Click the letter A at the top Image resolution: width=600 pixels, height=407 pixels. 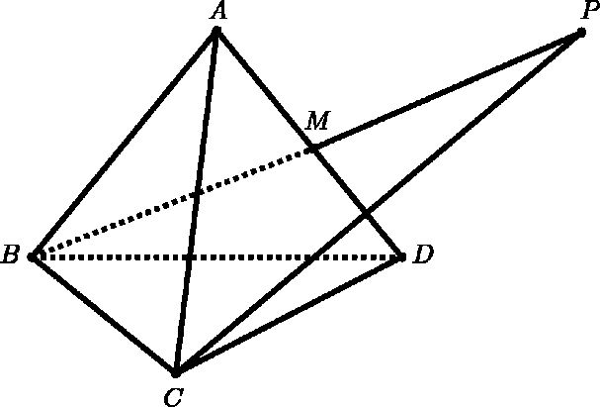218,11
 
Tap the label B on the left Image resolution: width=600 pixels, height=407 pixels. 10,254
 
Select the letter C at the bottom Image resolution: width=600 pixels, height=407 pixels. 174,397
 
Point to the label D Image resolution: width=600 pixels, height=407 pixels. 423,254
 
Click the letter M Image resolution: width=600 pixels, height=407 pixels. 317,121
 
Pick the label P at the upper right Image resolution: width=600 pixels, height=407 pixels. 591,11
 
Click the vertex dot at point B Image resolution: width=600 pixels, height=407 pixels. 33,256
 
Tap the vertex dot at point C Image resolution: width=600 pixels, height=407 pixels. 176,372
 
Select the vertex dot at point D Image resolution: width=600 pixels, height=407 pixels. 401,256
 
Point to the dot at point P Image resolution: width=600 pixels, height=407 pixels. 581,33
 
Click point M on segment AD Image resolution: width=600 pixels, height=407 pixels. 313,150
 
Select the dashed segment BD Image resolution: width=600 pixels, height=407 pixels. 216,256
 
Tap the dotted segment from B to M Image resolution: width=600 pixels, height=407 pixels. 173,203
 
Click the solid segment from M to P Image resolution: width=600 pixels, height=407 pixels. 447,91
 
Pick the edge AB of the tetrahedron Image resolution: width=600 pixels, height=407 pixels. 125,144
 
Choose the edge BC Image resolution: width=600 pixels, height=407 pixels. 104,314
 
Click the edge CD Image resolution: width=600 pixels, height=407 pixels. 289,314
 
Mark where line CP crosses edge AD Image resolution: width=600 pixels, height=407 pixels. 366,212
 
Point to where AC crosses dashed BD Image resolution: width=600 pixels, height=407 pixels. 189,256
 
